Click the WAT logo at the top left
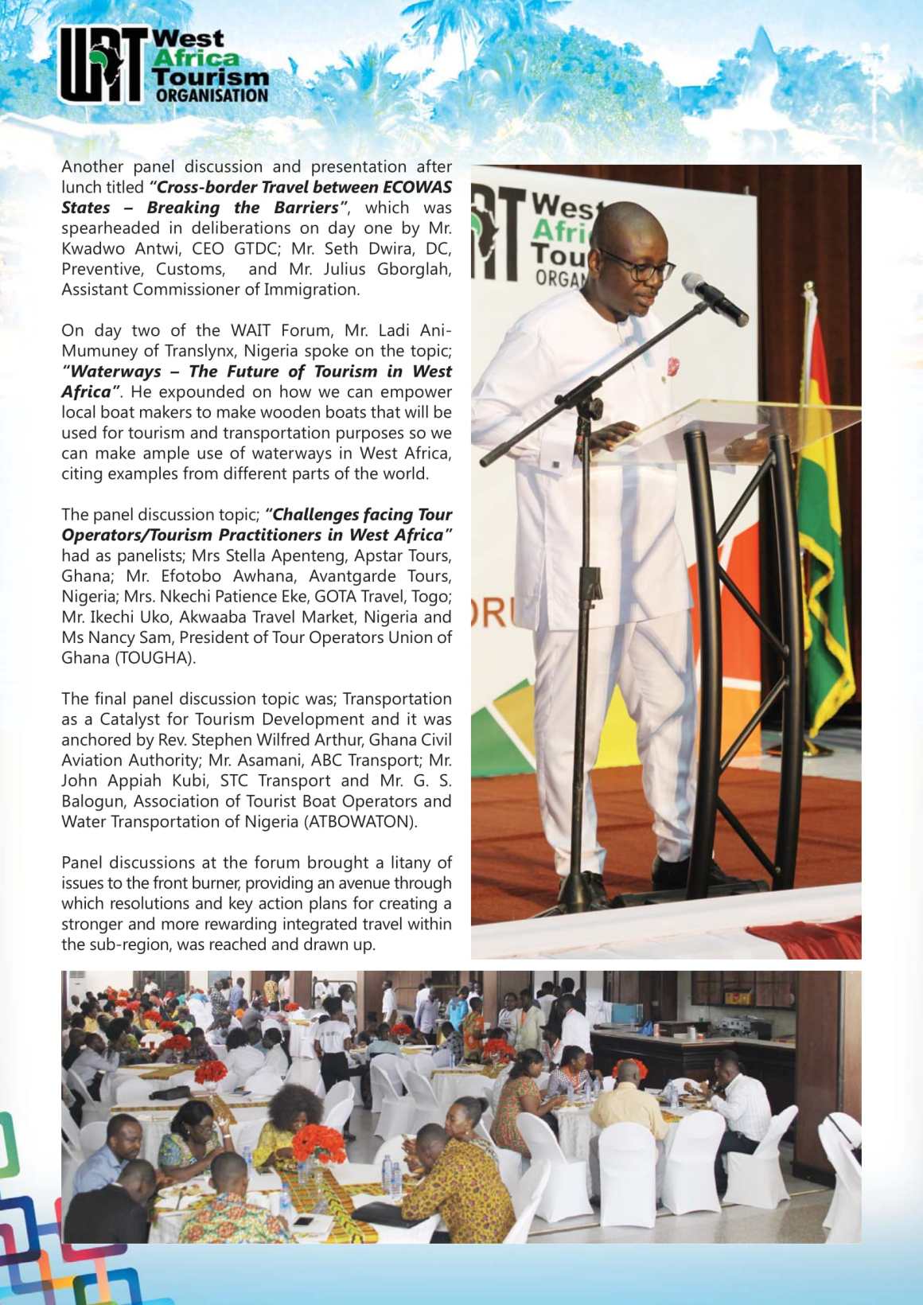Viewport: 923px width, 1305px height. [103, 65]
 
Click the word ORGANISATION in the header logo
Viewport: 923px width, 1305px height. [212, 95]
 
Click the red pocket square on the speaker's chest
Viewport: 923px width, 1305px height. [672, 366]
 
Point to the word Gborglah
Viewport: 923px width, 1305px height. [414, 269]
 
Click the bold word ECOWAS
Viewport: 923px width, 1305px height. [417, 187]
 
